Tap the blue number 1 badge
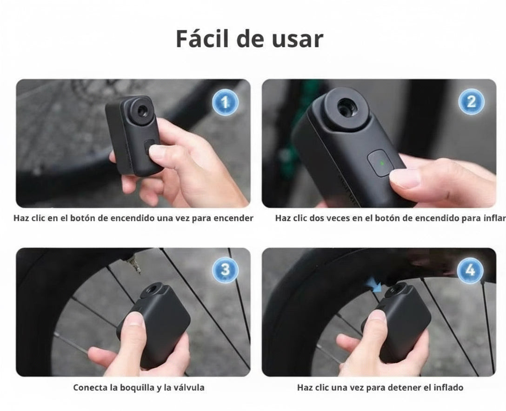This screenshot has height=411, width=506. (226, 103)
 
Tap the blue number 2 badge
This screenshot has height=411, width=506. (471, 102)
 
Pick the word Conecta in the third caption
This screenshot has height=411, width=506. (89, 387)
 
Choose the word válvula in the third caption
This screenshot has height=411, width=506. (188, 387)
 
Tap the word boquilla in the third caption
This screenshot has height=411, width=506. (134, 387)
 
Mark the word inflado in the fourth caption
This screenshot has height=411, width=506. (446, 387)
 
